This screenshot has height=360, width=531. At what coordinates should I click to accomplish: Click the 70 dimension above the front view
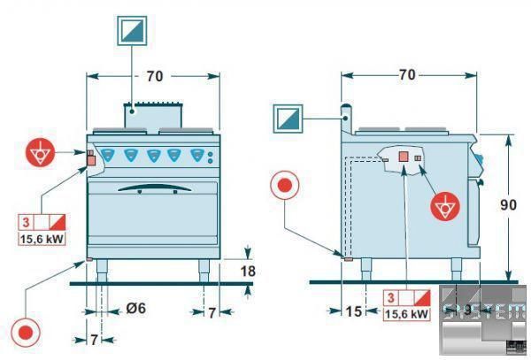154,77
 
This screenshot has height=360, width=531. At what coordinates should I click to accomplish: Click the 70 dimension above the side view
406,75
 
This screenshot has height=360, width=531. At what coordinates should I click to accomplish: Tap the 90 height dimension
508,204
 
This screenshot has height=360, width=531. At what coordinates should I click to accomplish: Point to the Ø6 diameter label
136,308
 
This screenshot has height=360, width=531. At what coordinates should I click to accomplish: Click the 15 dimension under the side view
353,312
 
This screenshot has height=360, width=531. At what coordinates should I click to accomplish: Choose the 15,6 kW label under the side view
408,312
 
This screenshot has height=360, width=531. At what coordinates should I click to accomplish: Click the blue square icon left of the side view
289,119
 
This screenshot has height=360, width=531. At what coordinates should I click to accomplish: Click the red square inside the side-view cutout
402,157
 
